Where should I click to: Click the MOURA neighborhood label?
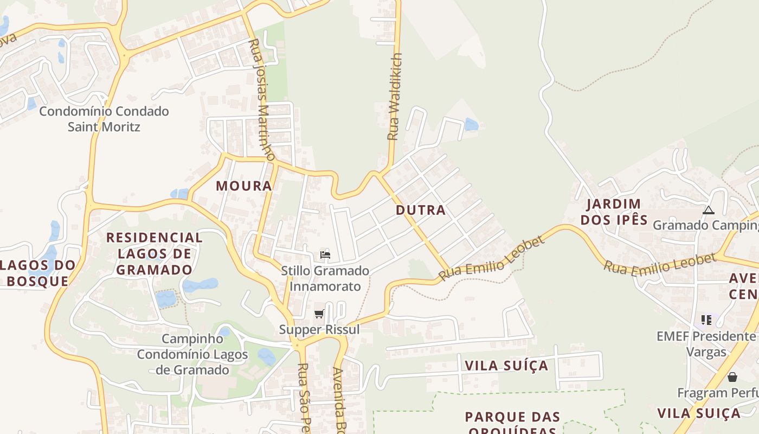pos(244,186)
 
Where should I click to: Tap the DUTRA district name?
pos(421,210)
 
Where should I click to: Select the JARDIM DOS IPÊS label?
pos(614,212)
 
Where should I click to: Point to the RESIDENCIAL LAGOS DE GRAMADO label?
pos(155,253)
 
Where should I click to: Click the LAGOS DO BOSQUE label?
pos(38,273)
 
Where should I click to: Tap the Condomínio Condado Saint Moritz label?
pos(104,119)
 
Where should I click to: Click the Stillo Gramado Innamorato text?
pos(325,278)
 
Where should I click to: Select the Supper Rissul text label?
pos(319,329)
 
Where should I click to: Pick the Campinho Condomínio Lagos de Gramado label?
pos(192,354)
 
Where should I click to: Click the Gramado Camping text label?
pos(705,225)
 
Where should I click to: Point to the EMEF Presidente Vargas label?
pos(706,344)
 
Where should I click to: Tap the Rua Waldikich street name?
pos(395,97)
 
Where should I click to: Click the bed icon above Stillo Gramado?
pos(325,254)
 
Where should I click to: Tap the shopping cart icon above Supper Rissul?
pos(319,314)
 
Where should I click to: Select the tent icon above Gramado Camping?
pos(709,210)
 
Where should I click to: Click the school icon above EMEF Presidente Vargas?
pos(706,320)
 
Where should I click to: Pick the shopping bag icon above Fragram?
pos(732,376)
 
